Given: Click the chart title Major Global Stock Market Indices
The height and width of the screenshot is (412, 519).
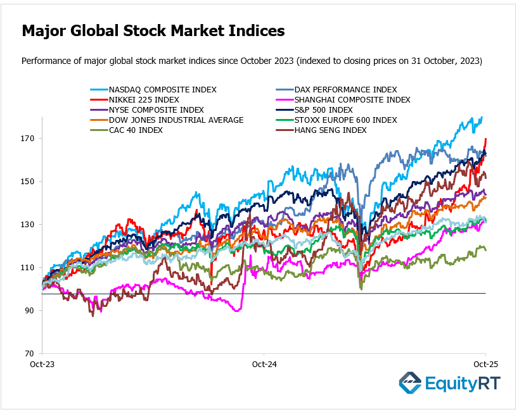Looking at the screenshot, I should point(153,31).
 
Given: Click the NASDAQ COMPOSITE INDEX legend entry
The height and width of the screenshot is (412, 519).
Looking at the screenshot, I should point(162,90).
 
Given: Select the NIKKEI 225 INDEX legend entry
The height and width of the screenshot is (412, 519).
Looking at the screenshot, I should point(144,100).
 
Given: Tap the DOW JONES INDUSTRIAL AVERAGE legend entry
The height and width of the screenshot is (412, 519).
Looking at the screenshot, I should point(176,120).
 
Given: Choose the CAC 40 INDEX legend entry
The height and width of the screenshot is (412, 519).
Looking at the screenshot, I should point(136,130).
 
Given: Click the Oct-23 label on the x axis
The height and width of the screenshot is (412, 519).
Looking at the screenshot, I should point(42,365).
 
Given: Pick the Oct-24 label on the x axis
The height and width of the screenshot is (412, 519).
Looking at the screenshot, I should point(264,365).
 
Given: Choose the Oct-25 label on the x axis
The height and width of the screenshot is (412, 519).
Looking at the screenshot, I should point(485,365).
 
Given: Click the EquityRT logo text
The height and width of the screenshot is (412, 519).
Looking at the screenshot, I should point(461,384).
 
